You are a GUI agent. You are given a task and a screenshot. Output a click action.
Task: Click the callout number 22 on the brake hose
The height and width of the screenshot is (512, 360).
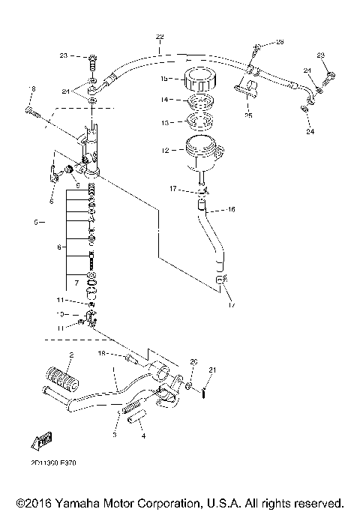159,37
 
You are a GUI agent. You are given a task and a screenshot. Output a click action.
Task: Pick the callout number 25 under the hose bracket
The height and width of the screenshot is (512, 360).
248,116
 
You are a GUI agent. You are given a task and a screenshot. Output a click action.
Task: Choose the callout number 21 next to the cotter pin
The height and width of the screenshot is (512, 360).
212,370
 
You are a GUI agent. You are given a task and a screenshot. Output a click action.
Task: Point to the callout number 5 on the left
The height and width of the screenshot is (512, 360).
35,222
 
